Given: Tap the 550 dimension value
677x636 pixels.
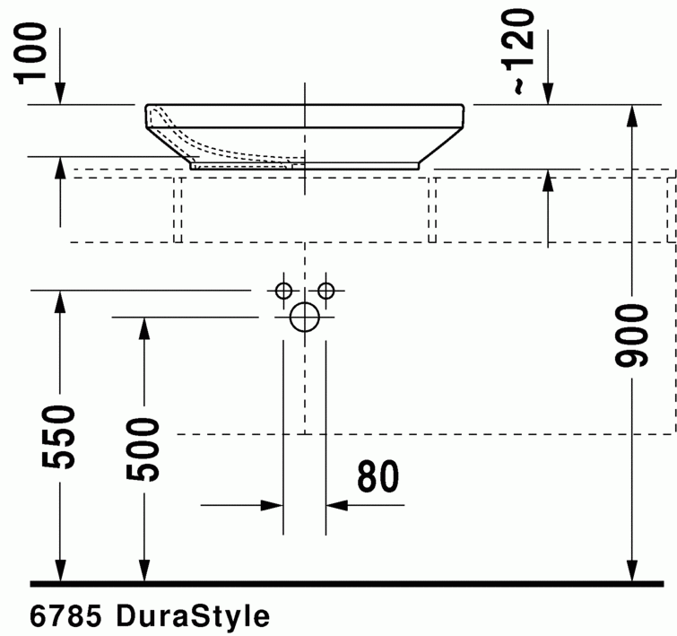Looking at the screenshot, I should [x=59, y=437].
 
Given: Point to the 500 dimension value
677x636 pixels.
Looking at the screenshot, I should [x=142, y=449].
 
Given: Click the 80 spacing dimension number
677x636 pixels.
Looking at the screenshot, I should [x=378, y=477].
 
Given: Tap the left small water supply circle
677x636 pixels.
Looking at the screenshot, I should [x=283, y=291].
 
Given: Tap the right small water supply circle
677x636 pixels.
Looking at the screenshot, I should [x=325, y=291].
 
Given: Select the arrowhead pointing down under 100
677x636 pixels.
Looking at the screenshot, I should [x=59, y=93].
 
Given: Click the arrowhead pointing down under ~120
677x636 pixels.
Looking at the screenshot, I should [x=548, y=93].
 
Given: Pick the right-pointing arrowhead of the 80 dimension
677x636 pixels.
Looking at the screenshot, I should [x=273, y=505].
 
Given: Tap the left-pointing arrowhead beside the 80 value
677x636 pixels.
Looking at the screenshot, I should [x=336, y=505].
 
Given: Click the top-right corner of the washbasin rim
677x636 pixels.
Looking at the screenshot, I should [x=462, y=106].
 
